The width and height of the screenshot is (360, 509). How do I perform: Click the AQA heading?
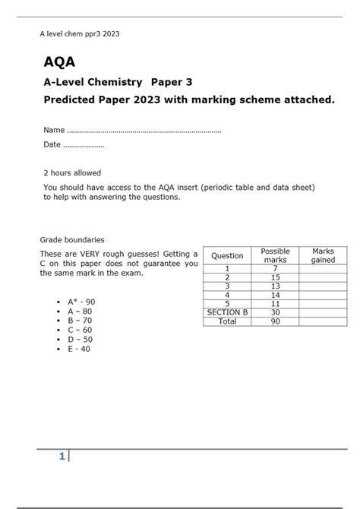pyautogui.click(x=59, y=62)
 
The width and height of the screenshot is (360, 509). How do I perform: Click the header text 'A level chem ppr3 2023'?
pyautogui.click(x=79, y=33)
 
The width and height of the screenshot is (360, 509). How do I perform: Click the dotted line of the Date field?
pyautogui.click(x=84, y=144)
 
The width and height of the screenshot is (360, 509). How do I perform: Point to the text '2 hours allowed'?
pyautogui.click(x=72, y=173)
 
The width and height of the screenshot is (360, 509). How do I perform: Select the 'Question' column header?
pyautogui.click(x=227, y=256)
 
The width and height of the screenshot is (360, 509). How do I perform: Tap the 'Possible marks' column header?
pyautogui.click(x=275, y=255)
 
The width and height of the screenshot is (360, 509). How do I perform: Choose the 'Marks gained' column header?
pyautogui.click(x=323, y=255)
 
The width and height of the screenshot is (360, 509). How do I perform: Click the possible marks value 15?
pyautogui.click(x=275, y=277)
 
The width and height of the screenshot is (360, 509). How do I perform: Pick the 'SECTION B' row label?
pyautogui.click(x=227, y=312)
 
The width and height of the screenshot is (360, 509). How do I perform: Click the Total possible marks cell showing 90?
pyautogui.click(x=275, y=321)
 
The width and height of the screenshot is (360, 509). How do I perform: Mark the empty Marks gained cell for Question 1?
pyautogui.click(x=323, y=268)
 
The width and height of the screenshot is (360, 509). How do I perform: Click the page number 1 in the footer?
pyautogui.click(x=62, y=456)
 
